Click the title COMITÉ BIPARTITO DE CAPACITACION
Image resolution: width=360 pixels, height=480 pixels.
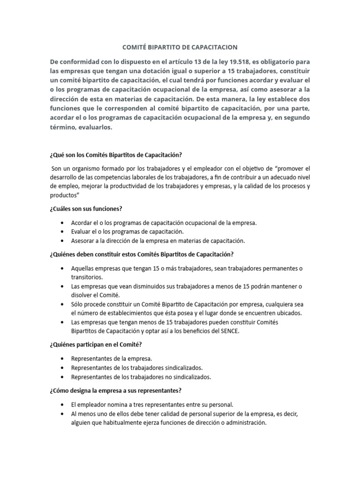[x=180, y=47]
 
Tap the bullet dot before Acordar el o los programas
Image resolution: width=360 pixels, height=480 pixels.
[x=62, y=223]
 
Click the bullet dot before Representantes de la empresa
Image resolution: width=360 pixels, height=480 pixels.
[x=62, y=359]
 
